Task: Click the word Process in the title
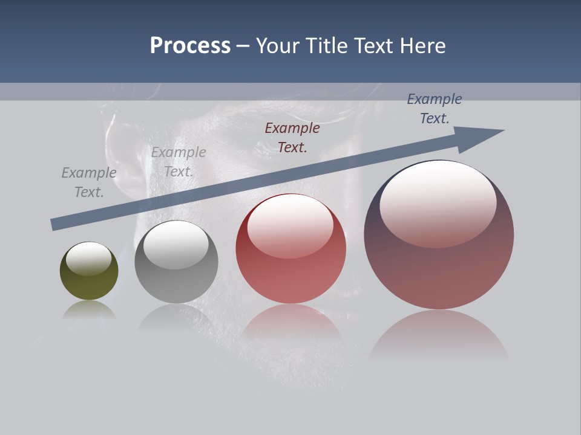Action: coord(190,46)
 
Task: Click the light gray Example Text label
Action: coord(179,162)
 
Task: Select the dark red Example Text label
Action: coord(292,137)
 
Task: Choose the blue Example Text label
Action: coord(435,109)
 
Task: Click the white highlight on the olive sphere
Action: coord(89,259)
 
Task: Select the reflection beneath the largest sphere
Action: coord(439,335)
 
